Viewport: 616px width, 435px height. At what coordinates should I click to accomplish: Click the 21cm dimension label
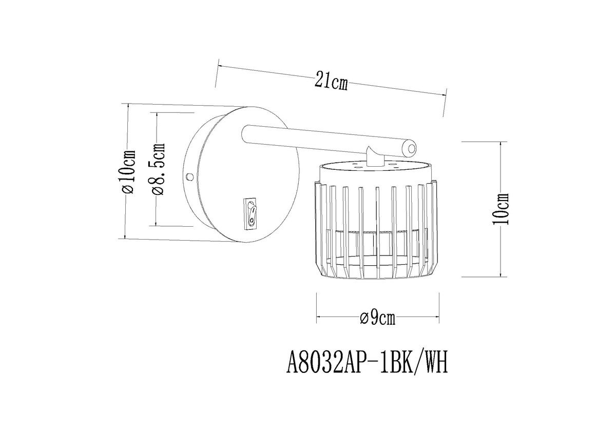click(331, 81)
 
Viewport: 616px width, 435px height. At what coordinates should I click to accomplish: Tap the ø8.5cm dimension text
click(159, 169)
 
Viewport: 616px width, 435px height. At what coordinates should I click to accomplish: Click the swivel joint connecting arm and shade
click(374, 156)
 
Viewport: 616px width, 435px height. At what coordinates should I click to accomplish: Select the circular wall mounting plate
click(241, 174)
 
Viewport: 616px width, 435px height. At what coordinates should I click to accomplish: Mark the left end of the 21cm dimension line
click(218, 66)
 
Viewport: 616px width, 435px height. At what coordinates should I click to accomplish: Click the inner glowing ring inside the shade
click(377, 233)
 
